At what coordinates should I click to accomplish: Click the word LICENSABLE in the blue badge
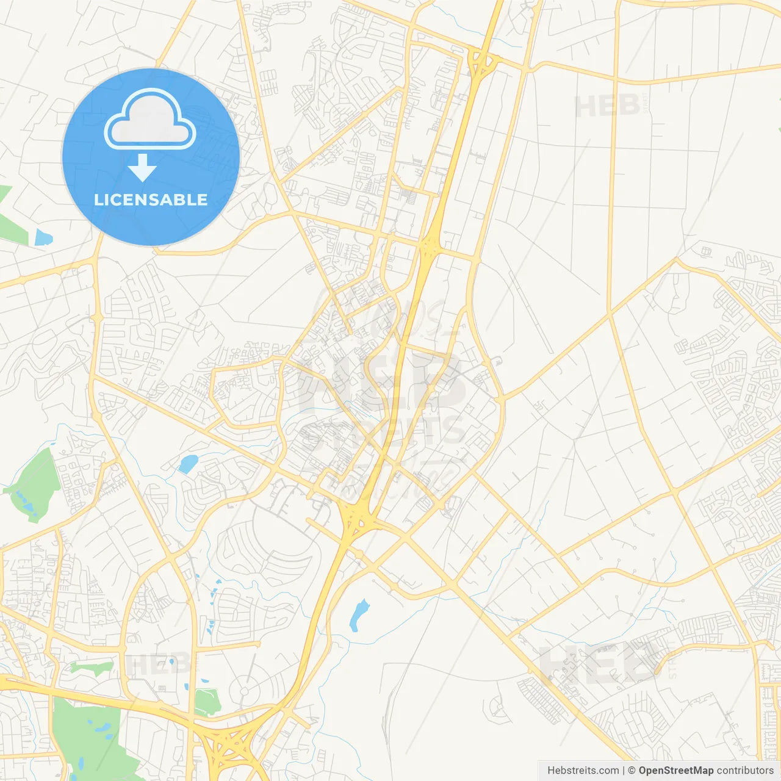click(151, 200)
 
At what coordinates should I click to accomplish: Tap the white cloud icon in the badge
click(150, 120)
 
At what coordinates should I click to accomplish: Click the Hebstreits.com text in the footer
click(583, 771)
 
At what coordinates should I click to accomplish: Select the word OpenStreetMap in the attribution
click(675, 771)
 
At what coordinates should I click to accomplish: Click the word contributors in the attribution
click(745, 771)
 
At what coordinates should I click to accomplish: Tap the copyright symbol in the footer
click(632, 771)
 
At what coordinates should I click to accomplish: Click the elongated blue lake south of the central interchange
click(359, 615)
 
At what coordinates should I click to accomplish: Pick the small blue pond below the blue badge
click(43, 237)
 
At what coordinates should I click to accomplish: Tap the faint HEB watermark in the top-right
click(607, 106)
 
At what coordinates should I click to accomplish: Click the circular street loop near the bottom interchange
click(245, 691)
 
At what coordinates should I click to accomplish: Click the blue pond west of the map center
click(188, 464)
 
